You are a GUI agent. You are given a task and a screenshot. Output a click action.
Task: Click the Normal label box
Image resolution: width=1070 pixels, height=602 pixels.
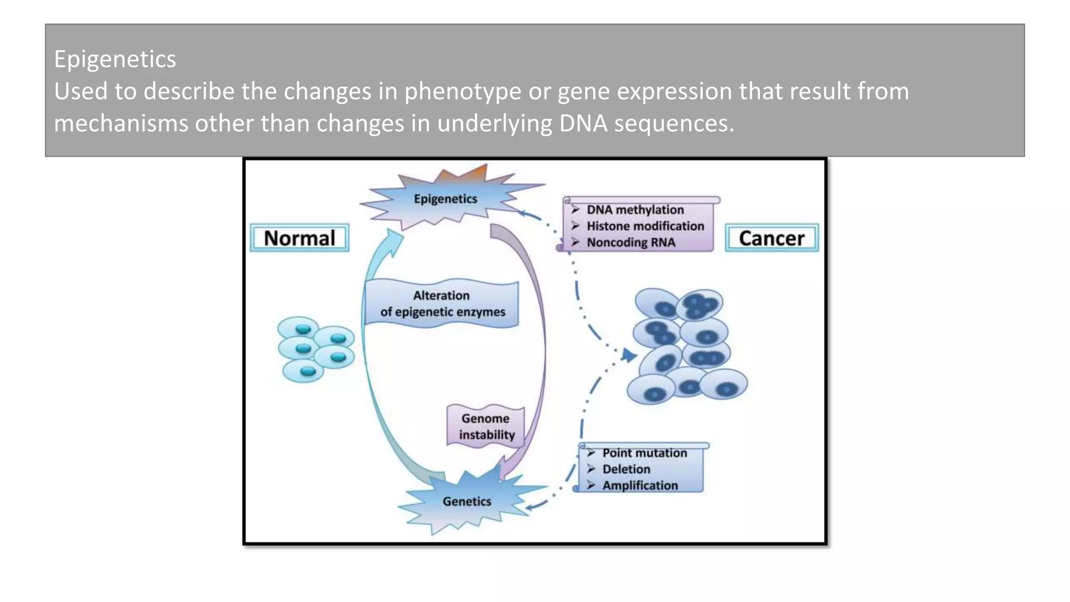[299, 238]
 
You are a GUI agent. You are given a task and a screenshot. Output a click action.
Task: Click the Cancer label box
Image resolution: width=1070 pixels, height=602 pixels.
[771, 238]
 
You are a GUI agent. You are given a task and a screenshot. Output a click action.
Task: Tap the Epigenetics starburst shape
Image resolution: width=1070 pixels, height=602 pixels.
[446, 199]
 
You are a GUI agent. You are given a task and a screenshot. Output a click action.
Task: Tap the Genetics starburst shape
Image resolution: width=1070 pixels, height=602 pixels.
[467, 501]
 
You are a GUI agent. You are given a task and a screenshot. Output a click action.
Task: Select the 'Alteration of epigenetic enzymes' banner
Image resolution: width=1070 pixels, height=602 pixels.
[442, 304]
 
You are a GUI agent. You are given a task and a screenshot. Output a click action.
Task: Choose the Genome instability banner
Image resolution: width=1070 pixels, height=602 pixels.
[486, 426]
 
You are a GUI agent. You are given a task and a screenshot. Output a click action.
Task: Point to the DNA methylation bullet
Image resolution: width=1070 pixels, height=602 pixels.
[635, 210]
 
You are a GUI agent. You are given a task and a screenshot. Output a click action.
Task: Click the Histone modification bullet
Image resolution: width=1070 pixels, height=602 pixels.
[645, 226]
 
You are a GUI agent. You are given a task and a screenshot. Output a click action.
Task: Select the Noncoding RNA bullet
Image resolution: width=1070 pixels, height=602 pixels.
[631, 242]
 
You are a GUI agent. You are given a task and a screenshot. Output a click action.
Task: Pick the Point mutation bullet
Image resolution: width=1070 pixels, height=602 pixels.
[644, 453]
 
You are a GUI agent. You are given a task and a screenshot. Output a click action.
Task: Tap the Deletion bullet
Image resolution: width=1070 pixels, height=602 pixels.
[626, 469]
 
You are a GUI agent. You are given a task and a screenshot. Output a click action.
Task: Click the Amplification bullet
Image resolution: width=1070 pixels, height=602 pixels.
[639, 485]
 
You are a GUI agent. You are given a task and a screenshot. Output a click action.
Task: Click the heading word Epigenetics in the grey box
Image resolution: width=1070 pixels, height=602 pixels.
[115, 59]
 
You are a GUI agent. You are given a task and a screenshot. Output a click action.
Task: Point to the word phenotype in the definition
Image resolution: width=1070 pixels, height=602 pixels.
[462, 91]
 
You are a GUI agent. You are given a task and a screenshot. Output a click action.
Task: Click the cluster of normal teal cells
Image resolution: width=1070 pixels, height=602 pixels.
[315, 349]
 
